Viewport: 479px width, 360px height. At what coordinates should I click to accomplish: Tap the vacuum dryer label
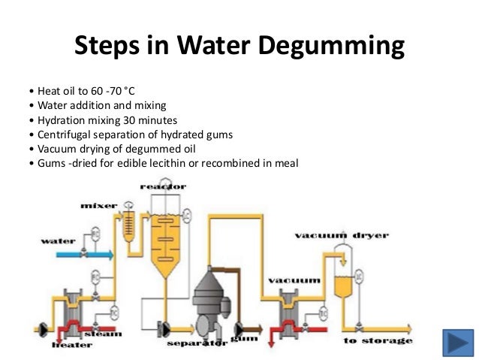[341, 235]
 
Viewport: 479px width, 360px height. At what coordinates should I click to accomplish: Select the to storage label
[377, 341]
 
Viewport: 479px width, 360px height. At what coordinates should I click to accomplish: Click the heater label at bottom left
[72, 345]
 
